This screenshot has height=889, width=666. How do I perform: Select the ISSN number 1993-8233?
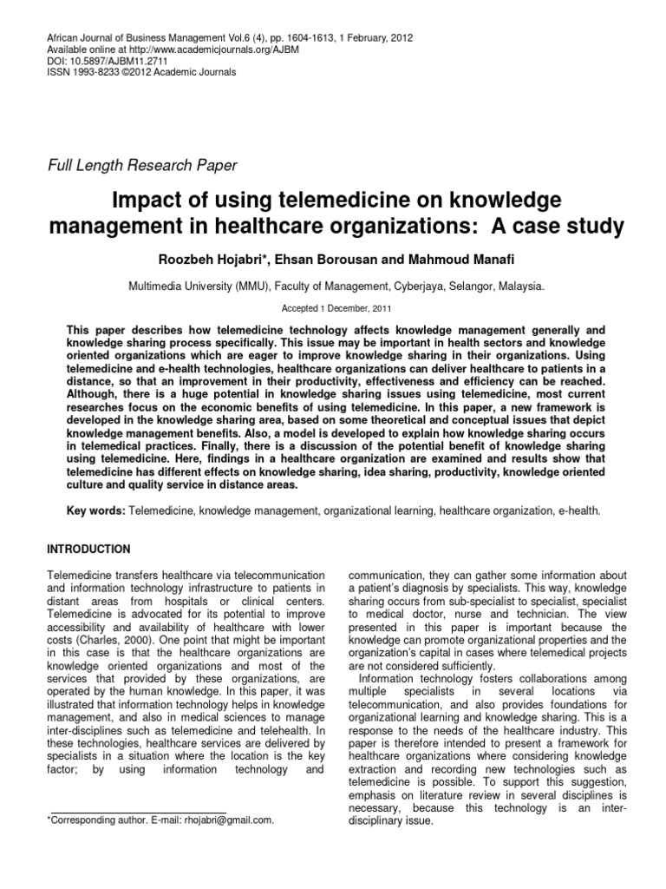point(96,73)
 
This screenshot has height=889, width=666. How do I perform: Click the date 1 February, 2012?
point(377,39)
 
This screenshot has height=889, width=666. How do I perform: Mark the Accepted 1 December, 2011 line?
point(332,308)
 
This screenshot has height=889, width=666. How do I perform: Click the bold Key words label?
point(95,511)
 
